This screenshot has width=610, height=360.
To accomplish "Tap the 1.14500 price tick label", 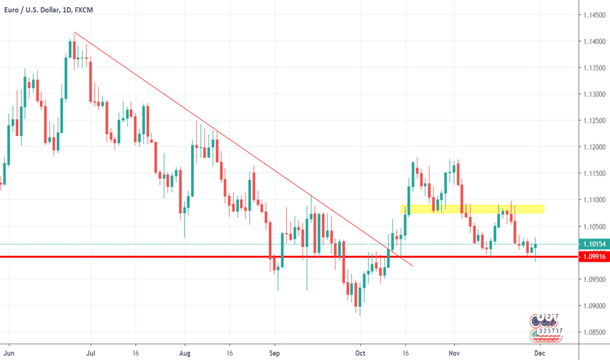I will point(594,15).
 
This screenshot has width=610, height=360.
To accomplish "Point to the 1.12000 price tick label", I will point(594,147).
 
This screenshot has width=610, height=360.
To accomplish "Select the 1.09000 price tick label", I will point(594,306).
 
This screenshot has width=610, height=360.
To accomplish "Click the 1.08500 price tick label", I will point(594,332).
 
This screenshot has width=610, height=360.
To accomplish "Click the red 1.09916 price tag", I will point(593,258).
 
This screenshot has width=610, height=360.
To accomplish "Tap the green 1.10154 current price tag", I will point(593,244).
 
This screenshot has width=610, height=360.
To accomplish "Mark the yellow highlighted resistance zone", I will point(472,209).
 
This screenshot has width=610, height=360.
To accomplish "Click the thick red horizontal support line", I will point(196,257).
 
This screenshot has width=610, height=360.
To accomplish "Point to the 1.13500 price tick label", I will point(594,68).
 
